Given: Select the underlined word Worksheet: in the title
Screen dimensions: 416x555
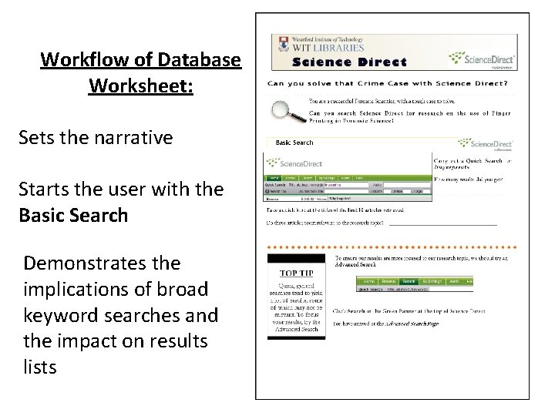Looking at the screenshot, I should tap(141, 84).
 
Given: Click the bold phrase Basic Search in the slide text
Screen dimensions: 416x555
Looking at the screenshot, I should tap(73, 214).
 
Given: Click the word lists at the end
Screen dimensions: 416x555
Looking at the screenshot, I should tap(40, 367).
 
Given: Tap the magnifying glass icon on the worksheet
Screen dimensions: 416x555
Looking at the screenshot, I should tap(285, 109).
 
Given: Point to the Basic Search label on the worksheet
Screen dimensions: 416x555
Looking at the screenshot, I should tap(294, 143).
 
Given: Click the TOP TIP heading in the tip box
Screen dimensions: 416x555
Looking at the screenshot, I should tap(297, 273).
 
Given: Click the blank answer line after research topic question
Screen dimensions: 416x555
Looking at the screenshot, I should tap(442, 223).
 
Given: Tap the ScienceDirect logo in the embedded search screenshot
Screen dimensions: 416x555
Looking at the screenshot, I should tap(297, 163).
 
